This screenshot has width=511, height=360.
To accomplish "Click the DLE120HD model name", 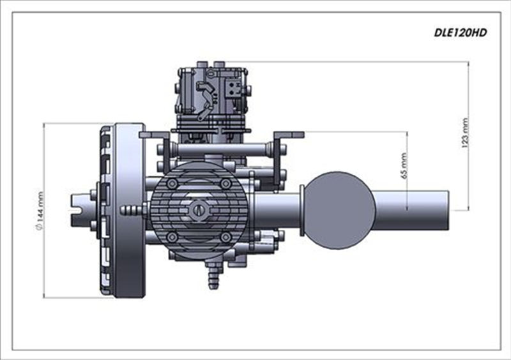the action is pos(460,33).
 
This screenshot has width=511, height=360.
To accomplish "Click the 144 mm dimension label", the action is pos(40,207).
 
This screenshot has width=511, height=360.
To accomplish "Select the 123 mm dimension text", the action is pos(465,133).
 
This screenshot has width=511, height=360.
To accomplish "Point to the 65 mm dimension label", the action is pos(404,165).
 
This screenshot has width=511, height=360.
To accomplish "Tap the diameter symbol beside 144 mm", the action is pos(40,227).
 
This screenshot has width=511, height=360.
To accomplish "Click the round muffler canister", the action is pos(339,210).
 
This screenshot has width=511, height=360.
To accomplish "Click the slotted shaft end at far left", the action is pos(80,210).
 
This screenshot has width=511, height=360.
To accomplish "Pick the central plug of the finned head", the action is pos(199,210).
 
